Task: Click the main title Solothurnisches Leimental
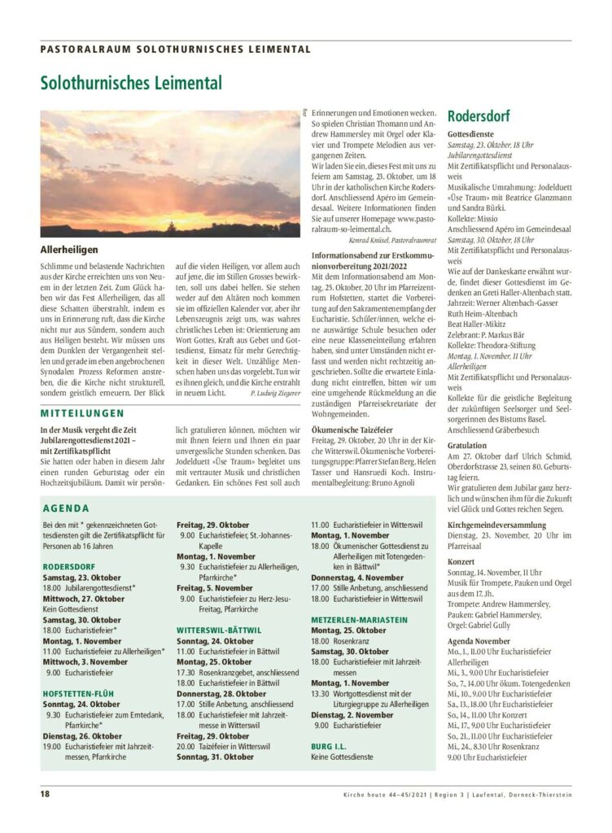(x=130, y=83)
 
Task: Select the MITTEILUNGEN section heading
(x=82, y=412)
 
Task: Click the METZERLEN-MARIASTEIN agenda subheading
(x=359, y=619)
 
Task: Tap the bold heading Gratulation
(x=469, y=445)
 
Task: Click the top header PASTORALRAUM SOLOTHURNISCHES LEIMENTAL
(x=175, y=49)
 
